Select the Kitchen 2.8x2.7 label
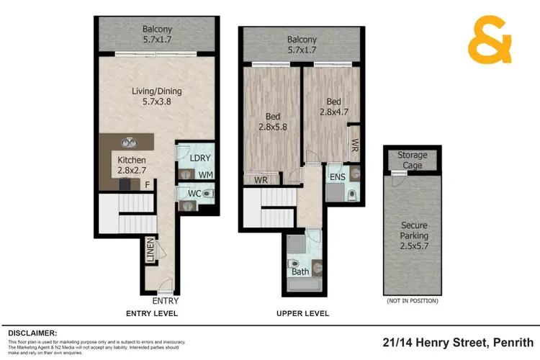coord(132,165)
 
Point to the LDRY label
coord(198,158)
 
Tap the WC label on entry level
coord(192,193)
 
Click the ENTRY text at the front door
coord(166,301)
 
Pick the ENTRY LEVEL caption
coord(152,314)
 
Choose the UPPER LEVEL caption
coord(302,314)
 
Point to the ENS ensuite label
coord(337,176)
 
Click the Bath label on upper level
coord(300,271)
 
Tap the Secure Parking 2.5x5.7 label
coord(414,235)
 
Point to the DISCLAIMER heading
coord(32,333)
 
